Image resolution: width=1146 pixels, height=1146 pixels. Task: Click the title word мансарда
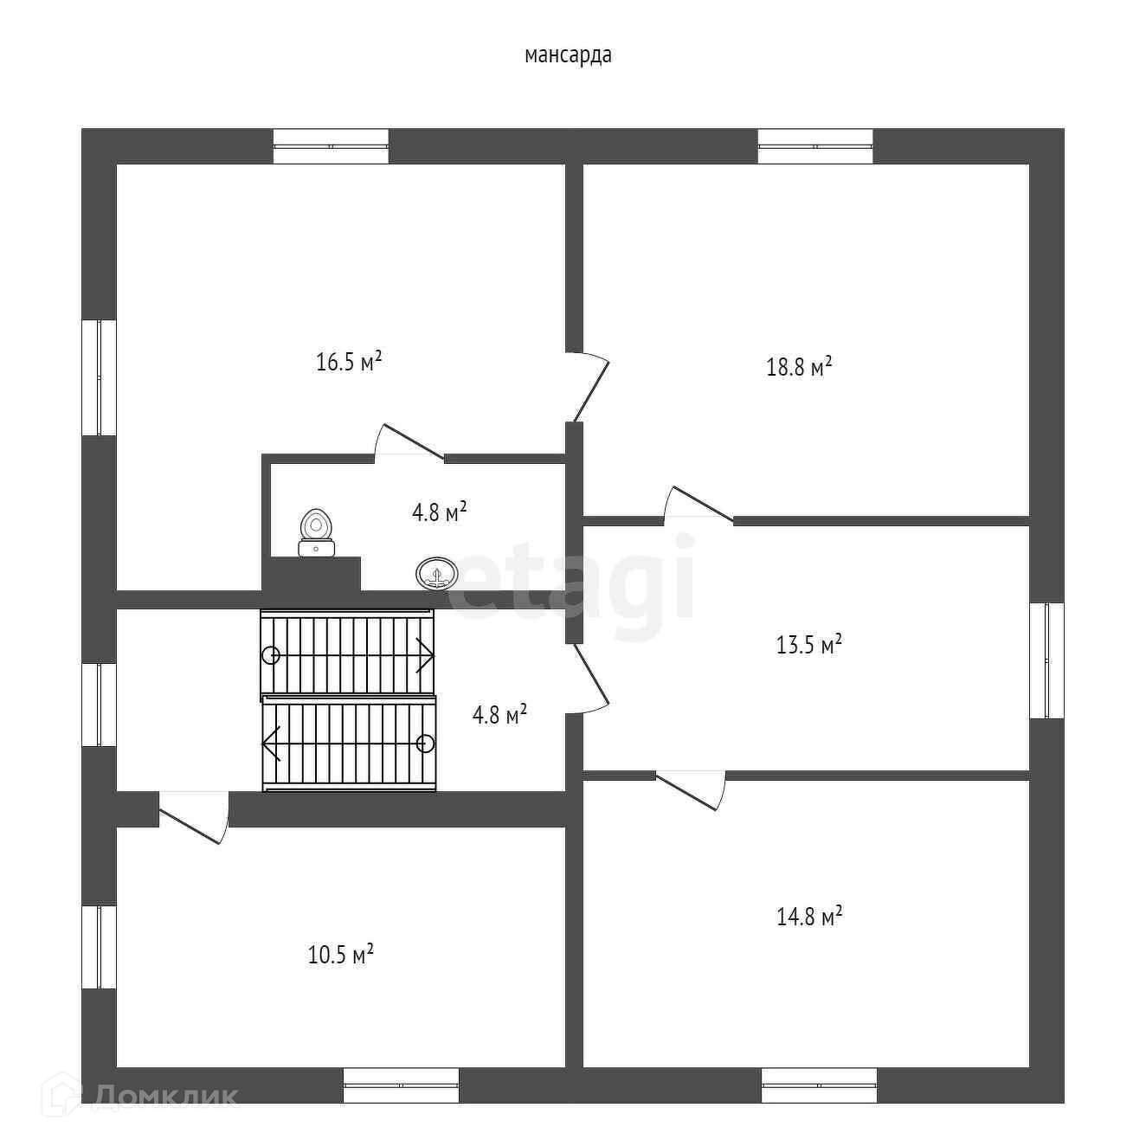click(x=568, y=55)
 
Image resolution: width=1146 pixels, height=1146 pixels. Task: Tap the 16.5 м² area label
click(x=349, y=362)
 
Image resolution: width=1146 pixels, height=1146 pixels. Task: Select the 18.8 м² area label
click(x=799, y=367)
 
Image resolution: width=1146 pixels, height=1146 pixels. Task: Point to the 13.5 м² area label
click(x=809, y=645)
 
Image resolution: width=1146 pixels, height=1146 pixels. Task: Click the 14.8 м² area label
click(x=809, y=917)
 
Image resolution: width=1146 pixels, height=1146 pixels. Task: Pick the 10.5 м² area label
click(x=341, y=955)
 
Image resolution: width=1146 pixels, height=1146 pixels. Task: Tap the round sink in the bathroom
click(x=437, y=574)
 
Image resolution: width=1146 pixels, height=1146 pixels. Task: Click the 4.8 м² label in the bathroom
click(x=439, y=512)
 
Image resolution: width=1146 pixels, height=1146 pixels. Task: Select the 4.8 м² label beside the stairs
click(x=499, y=716)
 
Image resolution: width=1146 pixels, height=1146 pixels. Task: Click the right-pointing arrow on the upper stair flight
click(x=424, y=655)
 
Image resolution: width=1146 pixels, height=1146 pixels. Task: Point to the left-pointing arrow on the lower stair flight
click(x=272, y=744)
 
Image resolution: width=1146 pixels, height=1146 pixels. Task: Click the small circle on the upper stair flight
click(x=271, y=655)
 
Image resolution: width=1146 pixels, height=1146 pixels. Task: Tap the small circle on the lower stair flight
click(x=425, y=744)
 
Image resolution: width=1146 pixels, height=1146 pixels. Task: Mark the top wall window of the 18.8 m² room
click(x=815, y=146)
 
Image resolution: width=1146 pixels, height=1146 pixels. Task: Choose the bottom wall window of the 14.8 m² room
click(x=819, y=1085)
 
